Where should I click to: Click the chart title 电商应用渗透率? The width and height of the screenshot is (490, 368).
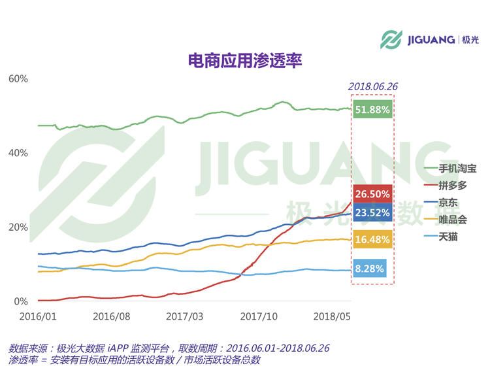[244, 61]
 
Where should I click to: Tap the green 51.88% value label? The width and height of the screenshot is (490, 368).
[372, 110]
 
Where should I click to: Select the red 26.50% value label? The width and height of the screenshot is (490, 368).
[372, 194]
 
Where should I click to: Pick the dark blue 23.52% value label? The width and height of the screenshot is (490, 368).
[372, 212]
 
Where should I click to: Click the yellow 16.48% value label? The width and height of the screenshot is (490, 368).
[372, 240]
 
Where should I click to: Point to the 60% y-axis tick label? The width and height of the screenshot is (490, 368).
[18, 79]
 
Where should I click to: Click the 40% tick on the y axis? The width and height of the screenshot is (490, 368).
[18, 153]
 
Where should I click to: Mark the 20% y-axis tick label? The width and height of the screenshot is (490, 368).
[18, 227]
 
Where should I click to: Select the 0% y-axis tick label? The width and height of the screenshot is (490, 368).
[21, 302]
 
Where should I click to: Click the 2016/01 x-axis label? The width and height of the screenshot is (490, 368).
[38, 316]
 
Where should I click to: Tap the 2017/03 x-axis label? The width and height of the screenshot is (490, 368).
[185, 316]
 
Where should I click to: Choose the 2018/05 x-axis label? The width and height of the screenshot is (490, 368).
[332, 316]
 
